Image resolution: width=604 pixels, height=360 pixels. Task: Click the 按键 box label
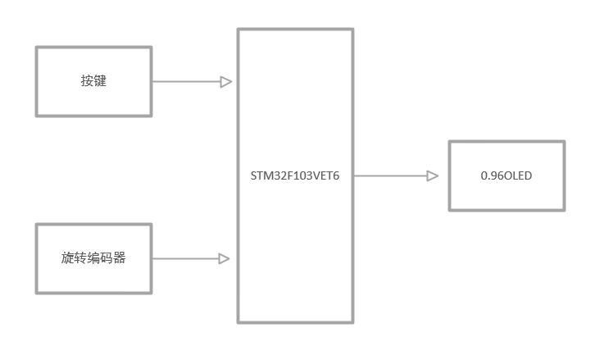(93, 81)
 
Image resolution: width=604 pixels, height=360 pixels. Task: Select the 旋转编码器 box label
(93, 258)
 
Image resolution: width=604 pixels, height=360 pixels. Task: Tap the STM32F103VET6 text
(295, 175)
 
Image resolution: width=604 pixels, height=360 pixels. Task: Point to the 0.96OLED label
(506, 175)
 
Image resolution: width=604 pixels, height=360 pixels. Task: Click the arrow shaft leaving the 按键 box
(185, 81)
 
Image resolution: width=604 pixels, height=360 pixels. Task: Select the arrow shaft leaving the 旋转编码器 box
(185, 258)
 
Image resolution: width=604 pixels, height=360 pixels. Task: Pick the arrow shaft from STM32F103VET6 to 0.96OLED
(390, 175)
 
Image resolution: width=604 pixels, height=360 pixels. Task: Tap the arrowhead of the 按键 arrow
(225, 81)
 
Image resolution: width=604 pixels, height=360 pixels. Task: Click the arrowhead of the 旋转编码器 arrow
(224, 258)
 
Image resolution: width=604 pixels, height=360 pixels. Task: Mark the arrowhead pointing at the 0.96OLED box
(432, 175)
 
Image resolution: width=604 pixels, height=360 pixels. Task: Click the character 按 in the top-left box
(87, 81)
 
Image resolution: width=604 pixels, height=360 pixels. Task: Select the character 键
(100, 81)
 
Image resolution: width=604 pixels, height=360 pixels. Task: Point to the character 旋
(68, 258)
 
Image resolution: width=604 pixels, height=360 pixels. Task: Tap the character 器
(120, 258)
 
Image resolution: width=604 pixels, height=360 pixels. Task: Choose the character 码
(107, 258)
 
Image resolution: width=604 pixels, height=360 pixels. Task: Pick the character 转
(80, 258)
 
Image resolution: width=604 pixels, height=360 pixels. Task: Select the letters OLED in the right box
(517, 175)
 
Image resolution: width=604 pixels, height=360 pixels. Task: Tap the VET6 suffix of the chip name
(325, 175)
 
